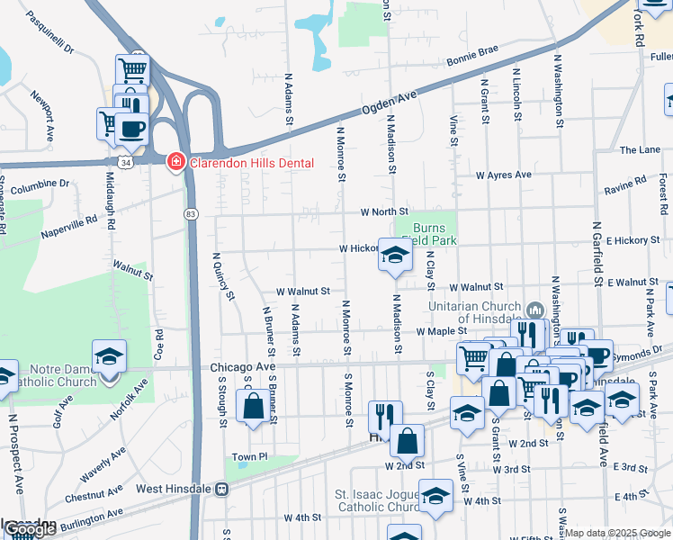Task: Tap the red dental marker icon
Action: point(176,162)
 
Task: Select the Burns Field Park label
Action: point(435,234)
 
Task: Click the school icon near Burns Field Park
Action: point(394,256)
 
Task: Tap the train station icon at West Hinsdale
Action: point(221,489)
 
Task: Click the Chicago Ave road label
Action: point(242,367)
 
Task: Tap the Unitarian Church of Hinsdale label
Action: point(489,312)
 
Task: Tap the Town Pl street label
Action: point(250,457)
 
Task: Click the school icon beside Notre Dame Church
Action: point(109,357)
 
